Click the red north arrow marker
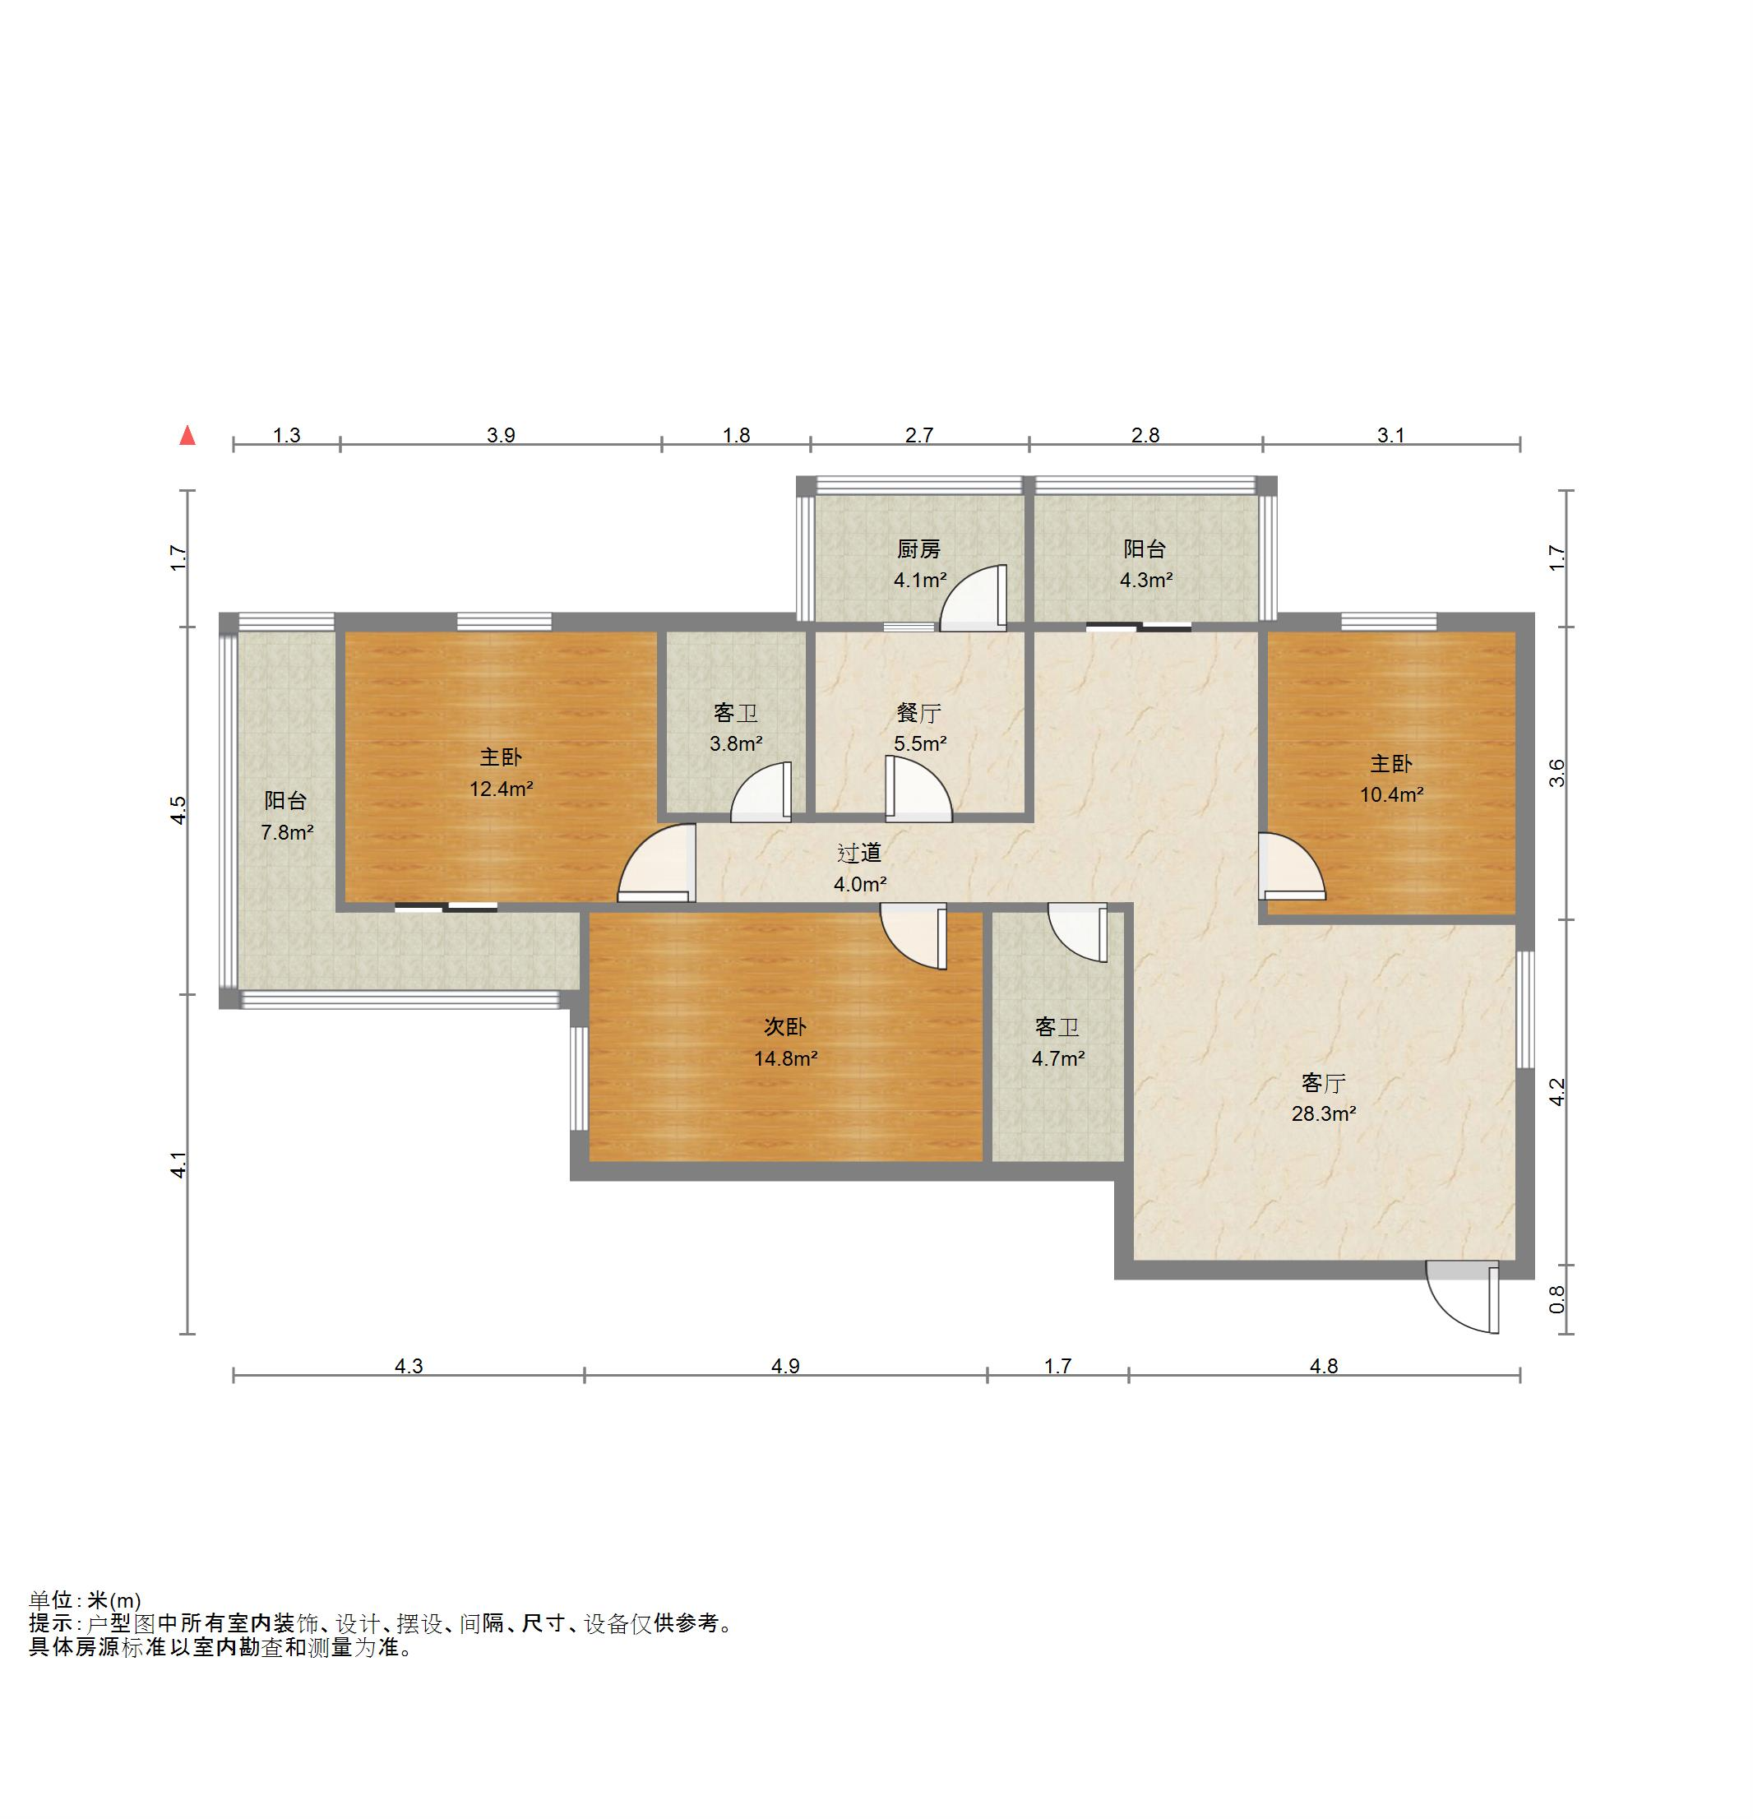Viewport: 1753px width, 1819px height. tap(187, 434)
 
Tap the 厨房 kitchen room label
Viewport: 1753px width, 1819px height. tap(918, 549)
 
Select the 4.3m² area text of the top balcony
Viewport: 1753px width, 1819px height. tap(1146, 581)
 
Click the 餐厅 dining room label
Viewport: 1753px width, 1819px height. tap(918, 713)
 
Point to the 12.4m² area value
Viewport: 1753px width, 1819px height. tap(501, 789)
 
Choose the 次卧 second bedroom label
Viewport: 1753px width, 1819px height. tap(785, 1026)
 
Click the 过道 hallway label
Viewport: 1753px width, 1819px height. tap(859, 853)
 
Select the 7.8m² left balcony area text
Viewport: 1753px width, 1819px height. tap(287, 832)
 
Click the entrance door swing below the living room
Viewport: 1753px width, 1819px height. tap(1462, 1297)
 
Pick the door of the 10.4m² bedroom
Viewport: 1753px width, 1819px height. tap(1292, 867)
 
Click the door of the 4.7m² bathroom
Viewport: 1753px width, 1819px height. tap(1077, 933)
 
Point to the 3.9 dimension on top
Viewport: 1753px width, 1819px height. tap(501, 435)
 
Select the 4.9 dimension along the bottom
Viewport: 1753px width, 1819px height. tap(785, 1366)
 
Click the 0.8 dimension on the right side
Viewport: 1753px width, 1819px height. tap(1557, 1299)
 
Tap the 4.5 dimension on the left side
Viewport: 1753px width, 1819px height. tap(178, 810)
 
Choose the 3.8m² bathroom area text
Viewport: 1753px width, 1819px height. tap(736, 743)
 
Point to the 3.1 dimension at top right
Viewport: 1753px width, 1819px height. tap(1391, 435)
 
